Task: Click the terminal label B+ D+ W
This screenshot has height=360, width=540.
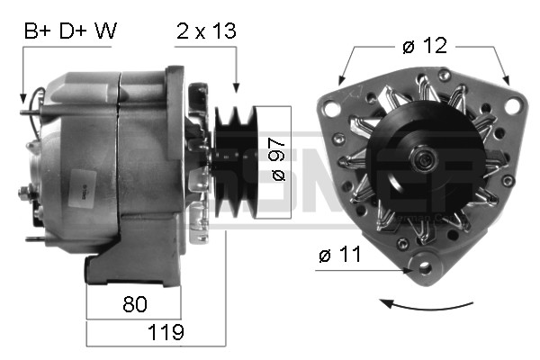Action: click(x=70, y=31)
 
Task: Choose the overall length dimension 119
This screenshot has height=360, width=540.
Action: click(x=166, y=332)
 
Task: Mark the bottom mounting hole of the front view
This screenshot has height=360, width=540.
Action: click(x=423, y=265)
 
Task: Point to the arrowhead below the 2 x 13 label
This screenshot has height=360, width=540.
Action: click(x=236, y=87)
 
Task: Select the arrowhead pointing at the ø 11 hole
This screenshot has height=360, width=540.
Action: click(x=407, y=266)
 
